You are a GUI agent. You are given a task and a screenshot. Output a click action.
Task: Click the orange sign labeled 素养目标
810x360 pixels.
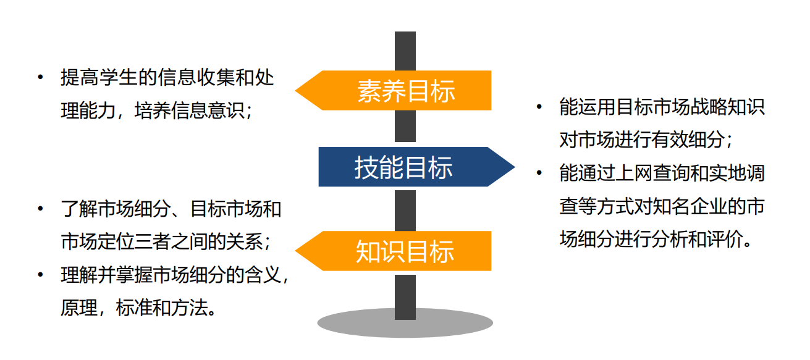(405, 91)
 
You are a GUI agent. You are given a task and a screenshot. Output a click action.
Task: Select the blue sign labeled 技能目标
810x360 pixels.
(404, 167)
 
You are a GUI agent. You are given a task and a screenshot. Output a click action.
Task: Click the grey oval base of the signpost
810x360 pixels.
(405, 323)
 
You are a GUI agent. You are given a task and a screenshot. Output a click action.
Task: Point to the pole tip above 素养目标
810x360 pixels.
(405, 37)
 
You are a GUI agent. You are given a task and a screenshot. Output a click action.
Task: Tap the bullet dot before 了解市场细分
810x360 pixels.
(40, 209)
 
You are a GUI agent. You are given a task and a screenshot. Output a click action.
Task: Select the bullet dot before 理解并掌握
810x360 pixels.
(40, 274)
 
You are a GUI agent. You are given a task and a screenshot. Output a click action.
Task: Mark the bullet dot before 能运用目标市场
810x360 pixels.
(539, 107)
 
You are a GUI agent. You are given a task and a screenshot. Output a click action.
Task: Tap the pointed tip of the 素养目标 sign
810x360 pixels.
(298, 91)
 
